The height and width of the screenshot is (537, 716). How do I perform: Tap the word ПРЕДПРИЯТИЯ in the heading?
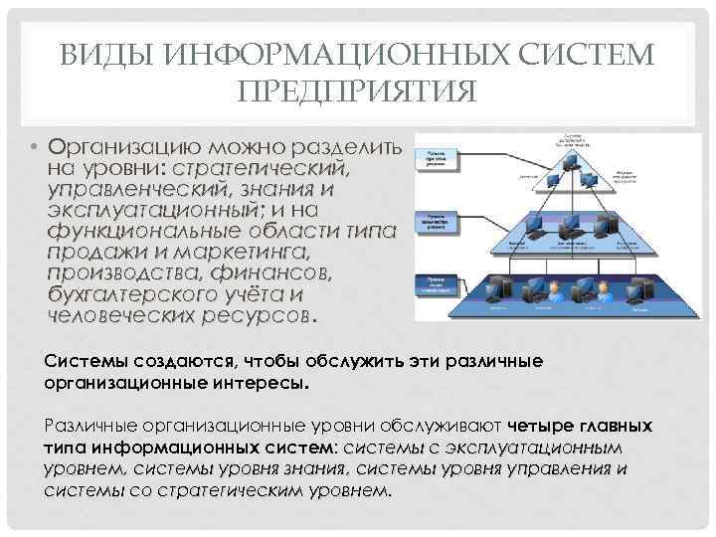point(358,91)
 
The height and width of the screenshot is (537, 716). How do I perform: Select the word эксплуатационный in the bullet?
point(154,210)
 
